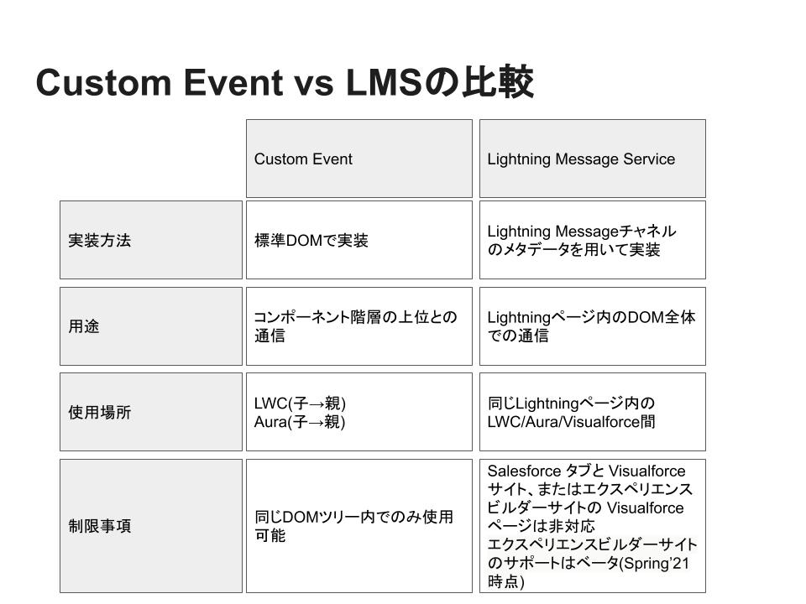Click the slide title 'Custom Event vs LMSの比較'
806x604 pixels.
pyautogui.click(x=285, y=82)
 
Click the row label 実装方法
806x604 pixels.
pyautogui.click(x=100, y=241)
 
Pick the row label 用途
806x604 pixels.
pyautogui.click(x=84, y=326)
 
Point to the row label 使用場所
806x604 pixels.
pyautogui.click(x=100, y=412)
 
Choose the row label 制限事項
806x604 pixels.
pyautogui.click(x=100, y=526)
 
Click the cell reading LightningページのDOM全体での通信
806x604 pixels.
pyautogui.click(x=591, y=326)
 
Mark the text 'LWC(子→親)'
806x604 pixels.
pyautogui.click(x=300, y=404)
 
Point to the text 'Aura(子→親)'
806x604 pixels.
pyautogui.click(x=300, y=422)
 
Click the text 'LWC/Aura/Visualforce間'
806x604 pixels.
pyautogui.click(x=571, y=422)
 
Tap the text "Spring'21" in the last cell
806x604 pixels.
pyautogui.click(x=656, y=564)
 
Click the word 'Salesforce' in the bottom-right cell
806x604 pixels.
pyautogui.click(x=524, y=471)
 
